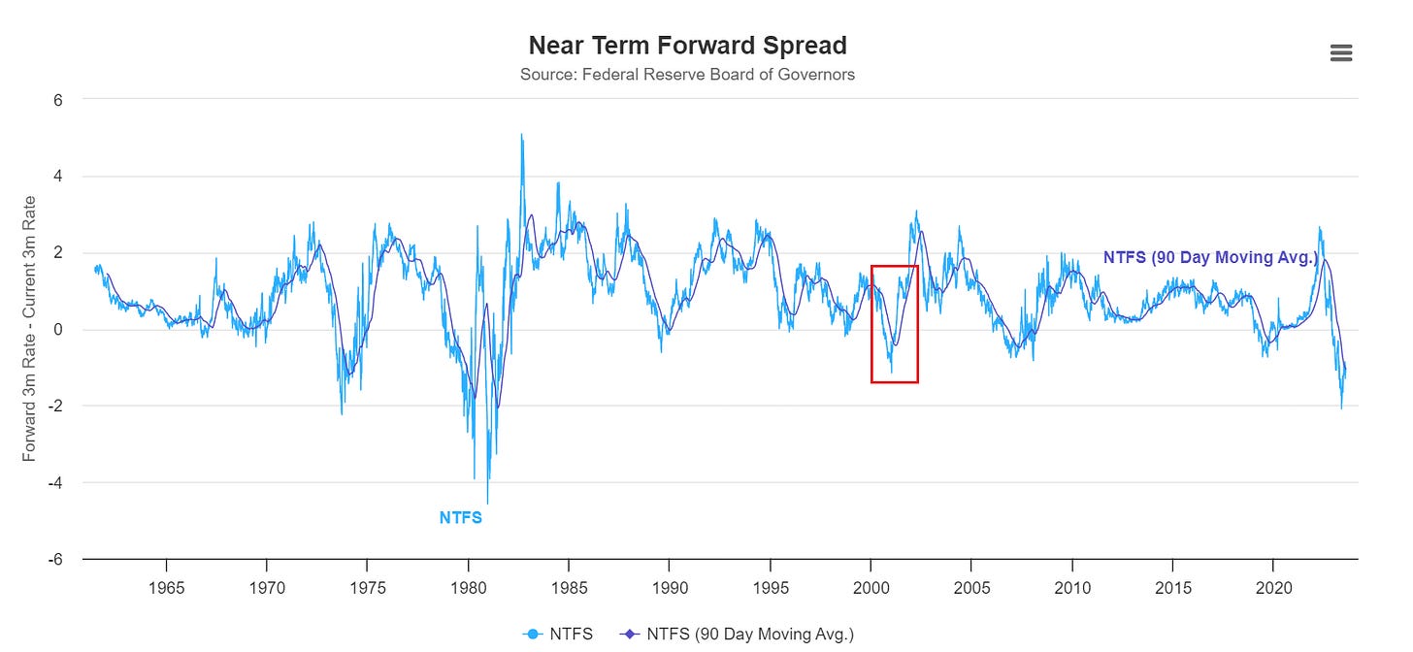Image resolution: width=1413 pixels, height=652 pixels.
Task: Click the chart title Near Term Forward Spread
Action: pos(687,46)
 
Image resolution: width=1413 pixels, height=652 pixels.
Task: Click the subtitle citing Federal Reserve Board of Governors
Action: pos(687,75)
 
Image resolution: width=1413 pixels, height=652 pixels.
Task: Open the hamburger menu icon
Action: pos(1340,53)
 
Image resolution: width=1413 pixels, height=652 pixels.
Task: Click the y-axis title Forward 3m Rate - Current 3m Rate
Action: pos(30,330)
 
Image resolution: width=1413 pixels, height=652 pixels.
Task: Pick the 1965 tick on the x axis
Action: pos(166,588)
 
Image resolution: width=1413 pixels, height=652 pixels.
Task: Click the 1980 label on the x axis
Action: pos(468,588)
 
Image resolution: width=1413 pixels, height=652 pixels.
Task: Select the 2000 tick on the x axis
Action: pos(871,588)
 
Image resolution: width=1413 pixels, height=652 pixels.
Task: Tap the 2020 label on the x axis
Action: pos(1272,588)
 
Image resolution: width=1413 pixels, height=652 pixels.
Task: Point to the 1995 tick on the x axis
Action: pos(770,588)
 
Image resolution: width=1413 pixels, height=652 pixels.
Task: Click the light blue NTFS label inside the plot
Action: pos(460,518)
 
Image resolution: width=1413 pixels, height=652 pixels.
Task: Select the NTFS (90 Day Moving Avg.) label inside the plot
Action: pos(1210,257)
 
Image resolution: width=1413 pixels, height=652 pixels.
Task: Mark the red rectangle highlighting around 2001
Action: pos(894,323)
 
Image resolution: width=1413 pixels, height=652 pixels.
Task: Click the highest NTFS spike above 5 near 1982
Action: pos(521,136)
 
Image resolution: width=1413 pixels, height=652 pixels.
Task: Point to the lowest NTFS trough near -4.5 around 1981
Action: pos(487,502)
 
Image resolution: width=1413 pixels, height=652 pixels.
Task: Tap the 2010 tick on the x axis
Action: pos(1071,588)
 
